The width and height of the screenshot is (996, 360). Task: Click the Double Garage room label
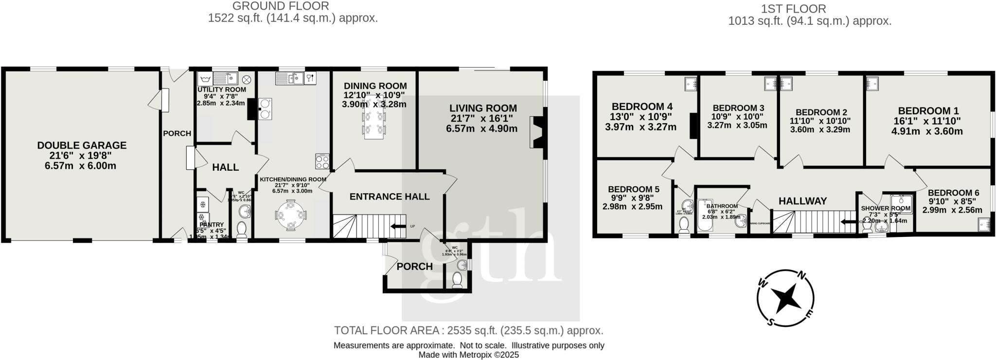pyautogui.click(x=82, y=145)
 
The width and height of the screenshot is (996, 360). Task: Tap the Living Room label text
pyautogui.click(x=482, y=108)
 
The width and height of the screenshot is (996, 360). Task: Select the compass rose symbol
pyautogui.click(x=785, y=298)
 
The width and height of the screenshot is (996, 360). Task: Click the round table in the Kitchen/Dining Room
pyautogui.click(x=291, y=215)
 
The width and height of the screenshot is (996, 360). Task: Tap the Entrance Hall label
pyautogui.click(x=389, y=197)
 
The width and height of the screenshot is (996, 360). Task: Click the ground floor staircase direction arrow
pyautogui.click(x=398, y=226)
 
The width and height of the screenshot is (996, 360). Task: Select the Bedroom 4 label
pyautogui.click(x=642, y=107)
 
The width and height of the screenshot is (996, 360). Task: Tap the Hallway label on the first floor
pyautogui.click(x=802, y=201)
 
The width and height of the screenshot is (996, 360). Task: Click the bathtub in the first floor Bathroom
pyautogui.click(x=705, y=216)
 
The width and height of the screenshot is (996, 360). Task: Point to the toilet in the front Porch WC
pyautogui.click(x=457, y=281)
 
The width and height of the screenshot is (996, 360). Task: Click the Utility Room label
pyautogui.click(x=221, y=90)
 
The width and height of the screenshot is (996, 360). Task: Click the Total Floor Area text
pyautogui.click(x=468, y=331)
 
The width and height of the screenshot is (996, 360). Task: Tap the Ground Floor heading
pyautogui.click(x=281, y=6)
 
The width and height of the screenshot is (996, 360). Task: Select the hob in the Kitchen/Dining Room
pyautogui.click(x=322, y=162)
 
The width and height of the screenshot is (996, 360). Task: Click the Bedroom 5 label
pyautogui.click(x=633, y=189)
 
